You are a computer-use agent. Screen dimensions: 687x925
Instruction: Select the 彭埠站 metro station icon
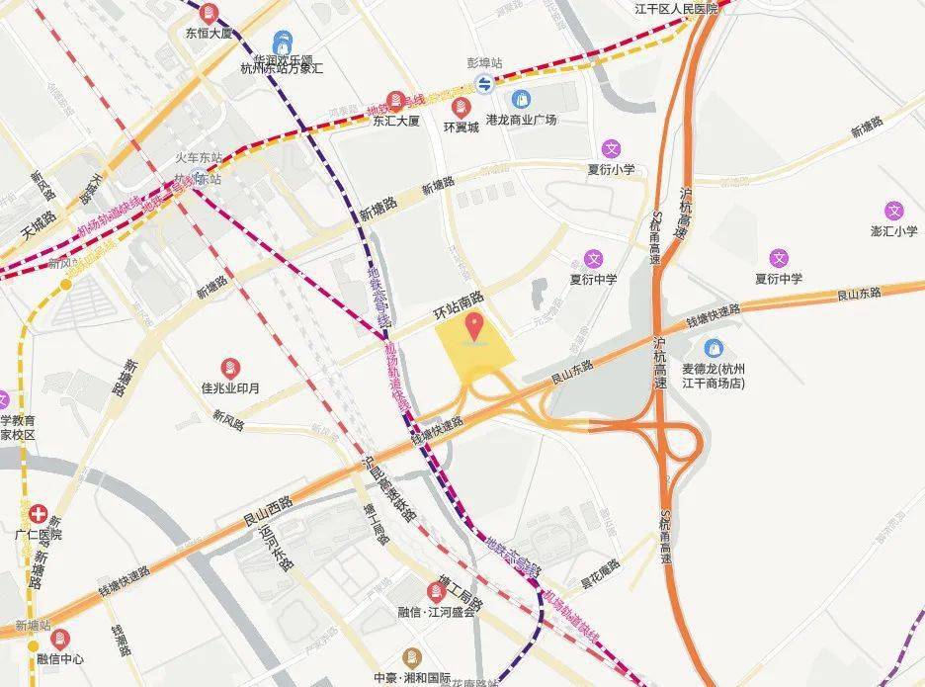click(x=484, y=84)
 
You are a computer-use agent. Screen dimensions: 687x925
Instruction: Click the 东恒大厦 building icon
click(x=209, y=14)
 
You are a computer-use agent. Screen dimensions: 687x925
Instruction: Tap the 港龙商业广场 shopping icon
click(x=521, y=99)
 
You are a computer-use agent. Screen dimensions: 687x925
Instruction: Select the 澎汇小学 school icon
click(x=894, y=211)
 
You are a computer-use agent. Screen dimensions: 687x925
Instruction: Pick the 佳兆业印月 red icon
click(x=229, y=367)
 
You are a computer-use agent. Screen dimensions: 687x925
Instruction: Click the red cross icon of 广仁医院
click(x=39, y=514)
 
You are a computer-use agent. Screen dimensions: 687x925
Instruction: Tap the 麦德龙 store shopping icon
click(x=715, y=348)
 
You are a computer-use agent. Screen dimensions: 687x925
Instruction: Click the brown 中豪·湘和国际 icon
click(x=412, y=657)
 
